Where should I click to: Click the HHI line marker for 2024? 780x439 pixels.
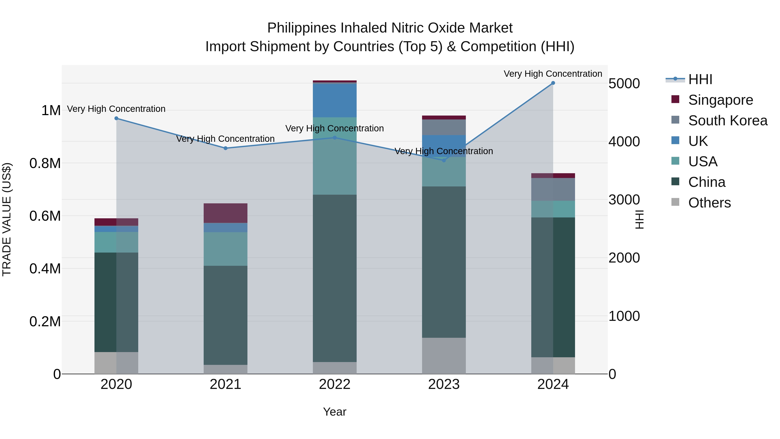553,83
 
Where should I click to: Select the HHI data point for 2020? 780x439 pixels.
116,118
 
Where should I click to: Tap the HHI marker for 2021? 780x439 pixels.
226,148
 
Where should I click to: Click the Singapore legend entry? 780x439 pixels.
720,100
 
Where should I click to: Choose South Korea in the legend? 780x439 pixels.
727,121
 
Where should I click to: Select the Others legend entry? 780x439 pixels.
709,203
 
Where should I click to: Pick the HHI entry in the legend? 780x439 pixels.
700,79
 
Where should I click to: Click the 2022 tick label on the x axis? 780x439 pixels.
335,384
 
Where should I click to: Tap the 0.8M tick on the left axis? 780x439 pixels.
45,163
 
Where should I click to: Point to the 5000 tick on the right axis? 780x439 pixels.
624,84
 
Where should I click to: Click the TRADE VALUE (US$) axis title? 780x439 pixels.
7,219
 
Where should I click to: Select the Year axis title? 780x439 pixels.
335,412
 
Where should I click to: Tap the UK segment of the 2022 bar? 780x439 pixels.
335,100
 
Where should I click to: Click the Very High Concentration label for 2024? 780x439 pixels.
553,74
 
